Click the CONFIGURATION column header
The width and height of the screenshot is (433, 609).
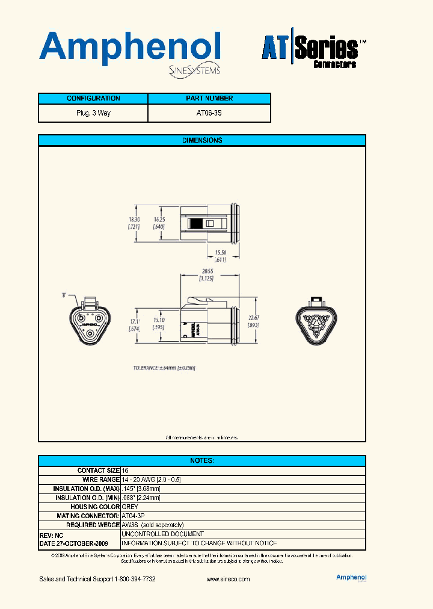click(x=93, y=99)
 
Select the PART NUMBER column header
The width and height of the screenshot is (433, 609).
click(x=209, y=99)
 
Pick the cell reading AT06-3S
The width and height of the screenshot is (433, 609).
click(x=209, y=113)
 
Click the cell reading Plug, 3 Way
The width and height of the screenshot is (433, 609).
click(x=93, y=113)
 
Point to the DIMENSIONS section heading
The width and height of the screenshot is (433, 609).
click(x=202, y=140)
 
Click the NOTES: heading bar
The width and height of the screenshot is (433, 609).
click(x=202, y=460)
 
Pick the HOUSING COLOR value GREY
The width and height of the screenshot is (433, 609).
click(x=129, y=507)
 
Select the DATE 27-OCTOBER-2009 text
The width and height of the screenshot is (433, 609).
click(x=73, y=543)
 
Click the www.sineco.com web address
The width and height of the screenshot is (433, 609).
click(x=228, y=579)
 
